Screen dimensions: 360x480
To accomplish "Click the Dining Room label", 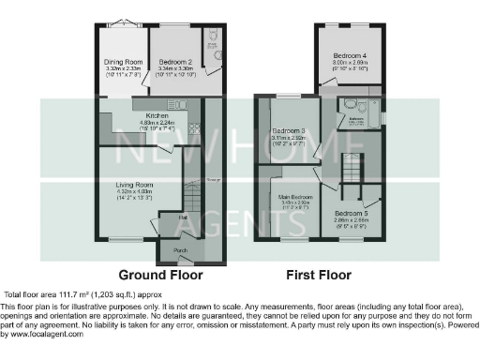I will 122,62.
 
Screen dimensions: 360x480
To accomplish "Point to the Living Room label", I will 134,185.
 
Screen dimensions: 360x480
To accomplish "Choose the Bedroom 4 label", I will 350,55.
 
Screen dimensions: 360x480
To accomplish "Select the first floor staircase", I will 352,163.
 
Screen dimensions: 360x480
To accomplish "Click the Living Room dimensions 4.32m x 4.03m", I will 134,192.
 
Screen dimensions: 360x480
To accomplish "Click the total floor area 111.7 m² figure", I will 59,294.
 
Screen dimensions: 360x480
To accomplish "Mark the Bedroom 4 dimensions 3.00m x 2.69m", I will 350,62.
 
